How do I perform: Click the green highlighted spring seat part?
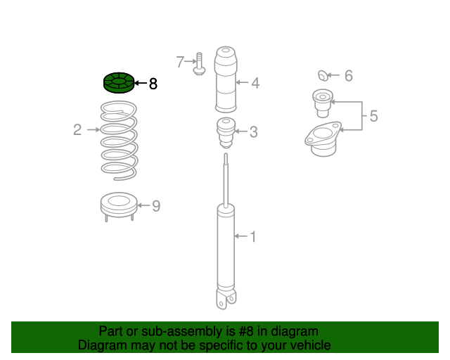tap(117, 83)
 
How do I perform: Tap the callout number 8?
tap(153, 84)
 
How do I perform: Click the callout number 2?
tap(78, 129)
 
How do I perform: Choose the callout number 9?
tap(156, 206)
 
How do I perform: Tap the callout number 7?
tap(181, 63)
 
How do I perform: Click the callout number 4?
tap(255, 83)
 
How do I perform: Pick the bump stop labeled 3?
tap(225, 131)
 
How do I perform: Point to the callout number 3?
tap(253, 131)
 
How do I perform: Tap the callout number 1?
tap(253, 237)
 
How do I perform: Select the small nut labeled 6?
tap(323, 75)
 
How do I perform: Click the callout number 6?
tap(349, 75)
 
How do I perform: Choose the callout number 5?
tap(373, 116)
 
